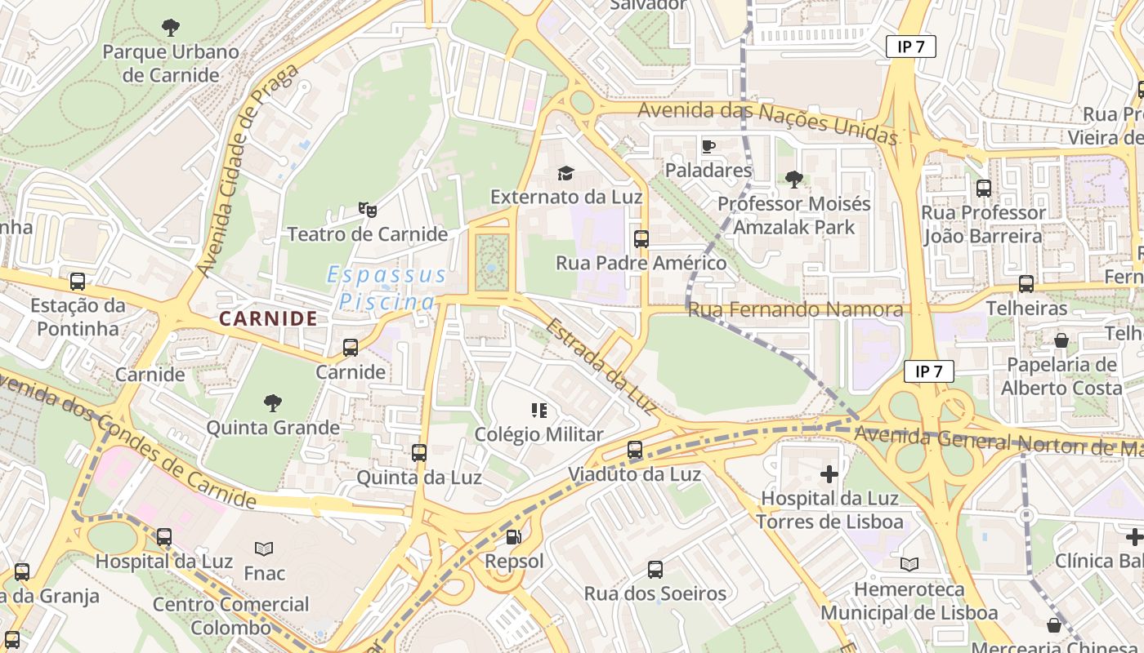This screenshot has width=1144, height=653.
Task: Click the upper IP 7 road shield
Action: (x=910, y=47)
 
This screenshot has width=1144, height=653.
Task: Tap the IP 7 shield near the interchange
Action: (x=929, y=371)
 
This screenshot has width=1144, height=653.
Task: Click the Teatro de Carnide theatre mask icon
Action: (x=368, y=210)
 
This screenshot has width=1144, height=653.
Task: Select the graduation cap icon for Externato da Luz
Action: (x=565, y=172)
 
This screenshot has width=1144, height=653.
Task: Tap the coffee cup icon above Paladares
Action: (x=708, y=146)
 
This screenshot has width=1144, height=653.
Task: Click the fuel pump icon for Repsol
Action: (x=513, y=536)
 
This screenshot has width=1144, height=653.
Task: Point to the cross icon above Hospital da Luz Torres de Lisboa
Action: (x=829, y=473)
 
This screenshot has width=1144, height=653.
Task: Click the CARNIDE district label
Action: (x=268, y=318)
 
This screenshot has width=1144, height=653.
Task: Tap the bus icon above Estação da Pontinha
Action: (x=78, y=282)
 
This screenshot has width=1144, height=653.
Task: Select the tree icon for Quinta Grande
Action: (x=273, y=402)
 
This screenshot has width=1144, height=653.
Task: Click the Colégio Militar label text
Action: (x=538, y=434)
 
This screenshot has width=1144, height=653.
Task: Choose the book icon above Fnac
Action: (x=264, y=549)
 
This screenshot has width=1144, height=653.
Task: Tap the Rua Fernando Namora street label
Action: (x=795, y=309)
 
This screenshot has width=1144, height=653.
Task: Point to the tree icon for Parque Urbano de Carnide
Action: (x=171, y=28)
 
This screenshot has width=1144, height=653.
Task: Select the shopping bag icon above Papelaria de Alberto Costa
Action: (x=1061, y=340)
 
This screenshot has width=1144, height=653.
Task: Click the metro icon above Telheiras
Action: (x=1026, y=283)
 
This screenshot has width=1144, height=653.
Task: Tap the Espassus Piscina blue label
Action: (x=387, y=288)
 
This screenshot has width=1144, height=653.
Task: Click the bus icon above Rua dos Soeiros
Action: (x=655, y=569)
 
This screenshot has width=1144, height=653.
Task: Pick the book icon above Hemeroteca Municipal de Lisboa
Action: (x=909, y=564)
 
